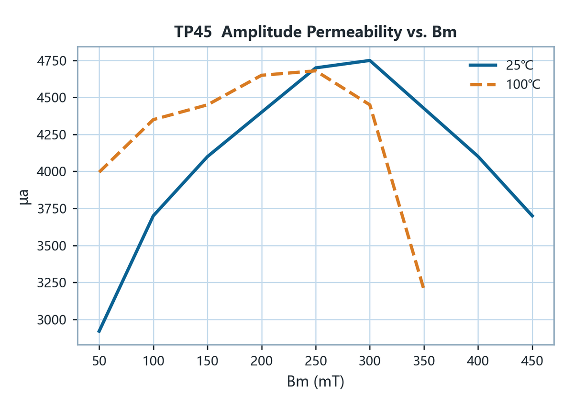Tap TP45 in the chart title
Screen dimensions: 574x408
pyautogui.click(x=193, y=32)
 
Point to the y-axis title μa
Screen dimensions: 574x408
pyautogui.click(x=25, y=197)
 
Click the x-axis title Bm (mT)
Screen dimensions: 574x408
pyautogui.click(x=315, y=382)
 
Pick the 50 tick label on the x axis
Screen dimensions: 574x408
pyautogui.click(x=99, y=361)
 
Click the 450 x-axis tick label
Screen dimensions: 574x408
pyautogui.click(x=532, y=361)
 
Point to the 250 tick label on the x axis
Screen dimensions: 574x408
pyautogui.click(x=316, y=361)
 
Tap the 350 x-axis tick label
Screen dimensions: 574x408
pyautogui.click(x=424, y=361)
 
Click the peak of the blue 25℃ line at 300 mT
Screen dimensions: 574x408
pyautogui.click(x=370, y=60)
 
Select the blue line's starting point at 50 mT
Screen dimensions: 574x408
pyautogui.click(x=99, y=332)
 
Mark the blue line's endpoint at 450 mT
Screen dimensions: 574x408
pyautogui.click(x=533, y=216)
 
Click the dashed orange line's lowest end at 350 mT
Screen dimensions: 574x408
pyautogui.click(x=424, y=288)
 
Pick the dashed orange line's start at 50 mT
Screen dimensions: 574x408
pyautogui.click(x=99, y=172)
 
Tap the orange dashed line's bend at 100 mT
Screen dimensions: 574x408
pyautogui.click(x=154, y=120)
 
